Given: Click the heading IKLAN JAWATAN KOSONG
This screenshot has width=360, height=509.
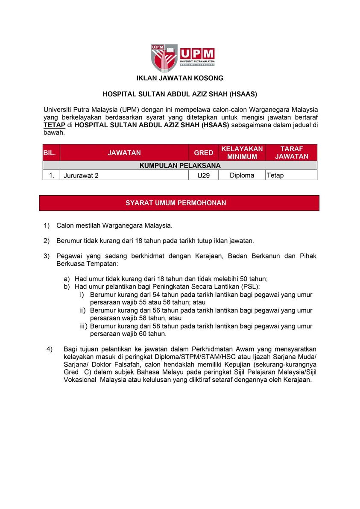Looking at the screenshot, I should point(180,78).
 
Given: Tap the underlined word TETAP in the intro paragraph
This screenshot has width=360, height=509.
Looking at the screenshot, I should point(54,125).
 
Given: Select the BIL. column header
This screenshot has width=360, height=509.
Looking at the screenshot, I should point(50,152).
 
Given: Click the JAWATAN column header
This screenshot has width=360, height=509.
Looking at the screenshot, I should point(124,152).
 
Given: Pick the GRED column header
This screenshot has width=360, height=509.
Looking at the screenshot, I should point(204,152).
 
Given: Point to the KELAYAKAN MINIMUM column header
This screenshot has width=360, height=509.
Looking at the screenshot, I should point(242,152).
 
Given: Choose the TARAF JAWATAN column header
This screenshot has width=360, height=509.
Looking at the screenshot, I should point(291,152).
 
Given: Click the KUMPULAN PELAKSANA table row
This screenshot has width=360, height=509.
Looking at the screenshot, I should point(180,165).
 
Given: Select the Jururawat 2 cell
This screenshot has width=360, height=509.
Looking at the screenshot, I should point(81,175).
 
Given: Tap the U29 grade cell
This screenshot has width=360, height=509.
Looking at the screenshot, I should point(204,175).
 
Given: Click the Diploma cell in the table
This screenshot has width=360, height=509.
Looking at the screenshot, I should point(242,175).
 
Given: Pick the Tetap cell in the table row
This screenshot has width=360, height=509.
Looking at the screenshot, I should point(275,175).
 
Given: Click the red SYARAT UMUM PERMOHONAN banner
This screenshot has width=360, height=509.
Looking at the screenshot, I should point(179,203).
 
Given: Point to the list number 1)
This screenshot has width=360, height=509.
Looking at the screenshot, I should point(47,225).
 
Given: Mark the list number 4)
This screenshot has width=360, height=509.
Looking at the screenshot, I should point(50,349).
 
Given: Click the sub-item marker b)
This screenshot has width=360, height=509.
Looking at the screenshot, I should point(67,286).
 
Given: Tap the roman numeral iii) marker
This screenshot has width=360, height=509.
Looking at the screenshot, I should point(83,326).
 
